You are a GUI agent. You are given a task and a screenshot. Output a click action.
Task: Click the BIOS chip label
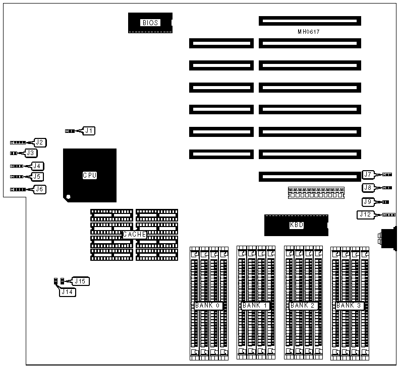pyautogui.click(x=150, y=23)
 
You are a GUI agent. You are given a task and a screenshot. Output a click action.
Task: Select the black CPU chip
pyautogui.click(x=90, y=175)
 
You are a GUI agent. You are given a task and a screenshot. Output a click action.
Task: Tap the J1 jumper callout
pyautogui.click(x=89, y=131)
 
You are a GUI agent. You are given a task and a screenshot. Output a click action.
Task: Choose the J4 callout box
pyautogui.click(x=37, y=166)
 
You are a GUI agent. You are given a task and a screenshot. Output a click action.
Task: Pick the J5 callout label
pyautogui.click(x=37, y=177)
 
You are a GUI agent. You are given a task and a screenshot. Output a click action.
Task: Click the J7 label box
pyautogui.click(x=368, y=175)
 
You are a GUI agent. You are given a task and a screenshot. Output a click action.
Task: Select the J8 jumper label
pyautogui.click(x=368, y=188)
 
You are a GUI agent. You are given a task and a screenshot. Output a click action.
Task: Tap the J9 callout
pyautogui.click(x=368, y=202)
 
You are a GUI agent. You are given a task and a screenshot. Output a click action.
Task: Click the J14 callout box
pyautogui.click(x=68, y=291)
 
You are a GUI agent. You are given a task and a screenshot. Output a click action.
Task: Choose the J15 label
pyautogui.click(x=80, y=281)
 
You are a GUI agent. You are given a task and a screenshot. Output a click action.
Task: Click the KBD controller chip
pyautogui.click(x=297, y=225)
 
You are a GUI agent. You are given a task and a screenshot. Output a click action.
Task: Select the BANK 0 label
pyautogui.click(x=208, y=306)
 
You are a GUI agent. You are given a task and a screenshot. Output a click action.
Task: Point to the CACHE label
pyautogui.click(x=134, y=235)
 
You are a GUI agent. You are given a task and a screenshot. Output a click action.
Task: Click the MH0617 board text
pyautogui.click(x=308, y=32)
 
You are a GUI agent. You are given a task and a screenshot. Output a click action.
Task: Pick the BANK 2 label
pyautogui.click(x=302, y=306)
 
